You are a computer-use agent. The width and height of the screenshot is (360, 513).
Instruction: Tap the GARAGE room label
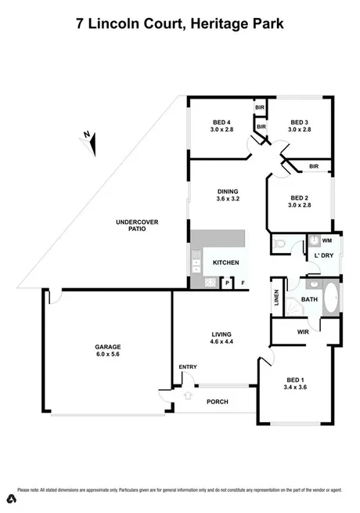[x=108, y=346]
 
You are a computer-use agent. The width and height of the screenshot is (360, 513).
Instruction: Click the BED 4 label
[x=221, y=122]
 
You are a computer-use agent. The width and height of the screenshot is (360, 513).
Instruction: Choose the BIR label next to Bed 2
[x=313, y=166]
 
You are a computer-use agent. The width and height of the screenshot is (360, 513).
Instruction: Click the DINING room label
[x=228, y=192]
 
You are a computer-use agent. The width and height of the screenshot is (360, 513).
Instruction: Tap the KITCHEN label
[x=225, y=262]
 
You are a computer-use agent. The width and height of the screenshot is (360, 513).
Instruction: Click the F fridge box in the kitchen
[x=243, y=283]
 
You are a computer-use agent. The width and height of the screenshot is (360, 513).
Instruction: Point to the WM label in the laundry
[x=326, y=240]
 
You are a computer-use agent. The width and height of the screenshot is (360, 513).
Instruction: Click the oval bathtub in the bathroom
[x=329, y=299]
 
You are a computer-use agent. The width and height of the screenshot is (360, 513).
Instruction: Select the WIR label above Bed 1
[x=304, y=331]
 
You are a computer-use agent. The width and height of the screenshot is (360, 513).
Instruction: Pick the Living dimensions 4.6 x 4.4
[x=221, y=342]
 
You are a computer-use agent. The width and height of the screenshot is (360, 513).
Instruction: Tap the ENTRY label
[x=188, y=367]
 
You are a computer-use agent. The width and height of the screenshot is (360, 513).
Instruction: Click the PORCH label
[x=217, y=402]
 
